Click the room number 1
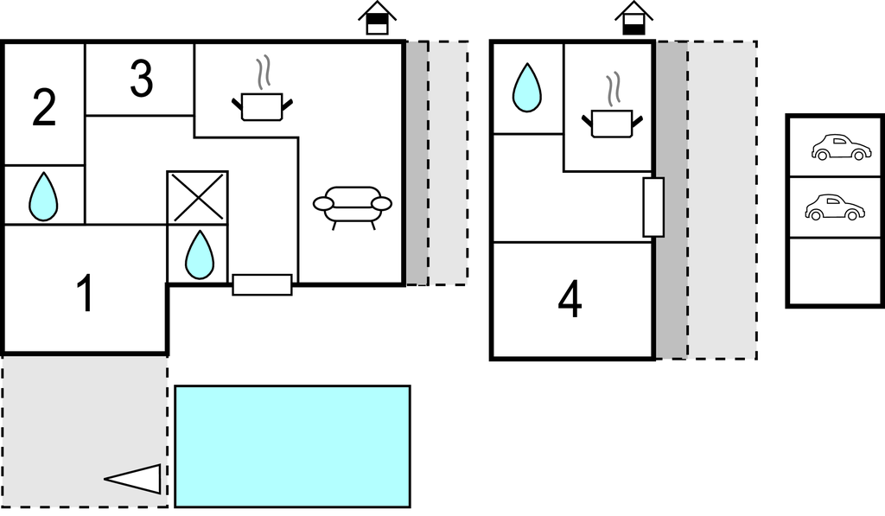coord(84,294)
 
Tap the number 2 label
coord(44,108)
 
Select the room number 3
coord(141,80)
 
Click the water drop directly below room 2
coord(43,196)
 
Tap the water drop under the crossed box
coord(199,254)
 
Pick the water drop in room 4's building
coord(526,89)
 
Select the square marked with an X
coord(197,198)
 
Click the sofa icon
coord(352,207)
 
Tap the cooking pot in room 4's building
coord(613,115)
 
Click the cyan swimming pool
coord(292,446)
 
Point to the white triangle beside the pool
coord(137,479)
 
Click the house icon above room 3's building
coord(377,18)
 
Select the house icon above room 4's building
coord(634,18)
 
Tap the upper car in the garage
coord(840,147)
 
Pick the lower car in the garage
coord(834,207)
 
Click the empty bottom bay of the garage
coord(836,271)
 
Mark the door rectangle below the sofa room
coord(262,284)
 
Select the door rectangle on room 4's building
coord(653,207)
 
